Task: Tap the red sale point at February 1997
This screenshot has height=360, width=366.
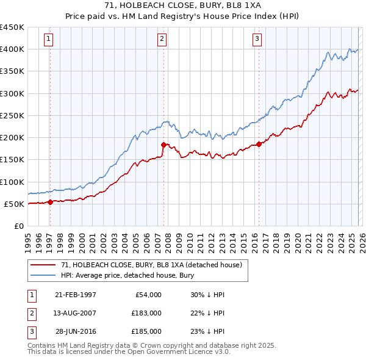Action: [50, 203]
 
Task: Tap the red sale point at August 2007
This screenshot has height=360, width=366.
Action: [163, 145]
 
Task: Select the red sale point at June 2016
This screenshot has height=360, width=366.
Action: [259, 144]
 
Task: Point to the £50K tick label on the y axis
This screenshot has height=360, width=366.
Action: [15, 204]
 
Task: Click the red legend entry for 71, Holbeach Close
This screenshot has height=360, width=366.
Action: [152, 265]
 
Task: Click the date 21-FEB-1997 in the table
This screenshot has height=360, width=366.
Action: [76, 295]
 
